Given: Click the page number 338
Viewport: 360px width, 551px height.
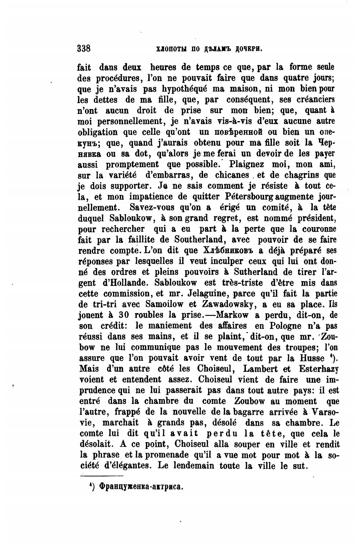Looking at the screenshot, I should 84,49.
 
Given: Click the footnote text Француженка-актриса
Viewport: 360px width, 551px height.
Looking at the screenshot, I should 141,486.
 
